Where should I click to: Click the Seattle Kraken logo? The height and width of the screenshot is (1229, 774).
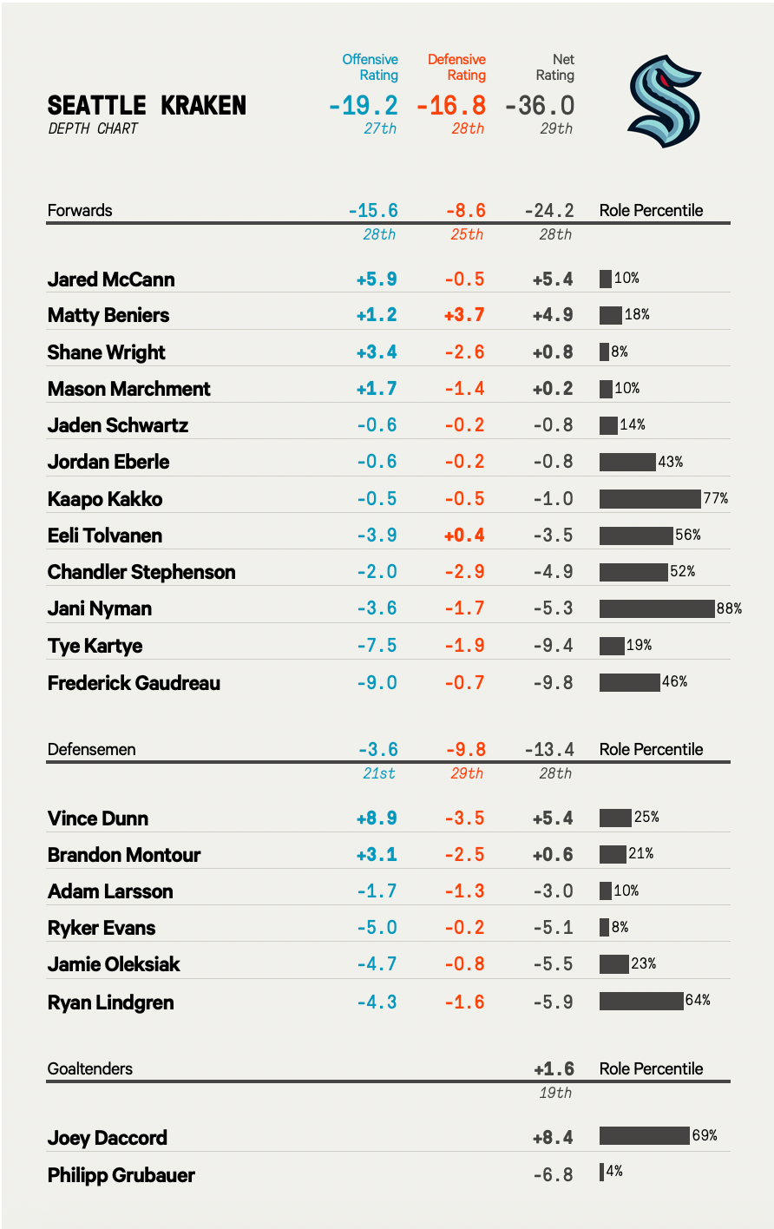[x=664, y=101]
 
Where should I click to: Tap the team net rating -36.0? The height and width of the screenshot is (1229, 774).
[x=539, y=106]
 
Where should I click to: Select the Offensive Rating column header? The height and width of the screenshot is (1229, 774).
[x=371, y=67]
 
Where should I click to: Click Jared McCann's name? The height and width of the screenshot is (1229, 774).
[x=111, y=279]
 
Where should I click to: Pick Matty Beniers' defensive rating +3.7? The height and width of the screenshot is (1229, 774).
[x=464, y=315]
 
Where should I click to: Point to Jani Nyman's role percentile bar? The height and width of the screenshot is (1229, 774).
[x=656, y=608]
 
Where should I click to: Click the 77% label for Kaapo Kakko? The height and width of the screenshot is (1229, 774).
[x=716, y=498]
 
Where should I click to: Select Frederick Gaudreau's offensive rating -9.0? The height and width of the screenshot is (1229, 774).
[x=377, y=683]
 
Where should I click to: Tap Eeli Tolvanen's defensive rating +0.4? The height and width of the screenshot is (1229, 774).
[x=464, y=536]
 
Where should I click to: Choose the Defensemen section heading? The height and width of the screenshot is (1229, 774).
[x=91, y=749]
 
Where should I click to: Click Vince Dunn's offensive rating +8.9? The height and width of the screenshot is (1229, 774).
[x=377, y=818]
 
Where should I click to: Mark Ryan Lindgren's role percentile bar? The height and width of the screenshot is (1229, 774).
[x=641, y=1001]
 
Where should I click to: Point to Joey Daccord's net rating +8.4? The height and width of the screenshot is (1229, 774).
[x=554, y=1138]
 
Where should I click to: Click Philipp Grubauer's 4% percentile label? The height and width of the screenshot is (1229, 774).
[x=614, y=1172]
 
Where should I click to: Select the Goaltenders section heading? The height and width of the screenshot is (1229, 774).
[x=90, y=1068]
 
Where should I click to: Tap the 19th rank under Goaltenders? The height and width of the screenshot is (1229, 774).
[x=555, y=1093]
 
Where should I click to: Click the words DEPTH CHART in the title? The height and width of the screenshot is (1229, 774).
[x=93, y=128]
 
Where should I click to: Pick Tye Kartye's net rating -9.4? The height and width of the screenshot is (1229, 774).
[x=554, y=646]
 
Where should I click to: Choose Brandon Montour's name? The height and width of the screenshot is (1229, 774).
[x=124, y=855]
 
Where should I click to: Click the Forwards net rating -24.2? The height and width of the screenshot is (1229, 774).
[x=549, y=211]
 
